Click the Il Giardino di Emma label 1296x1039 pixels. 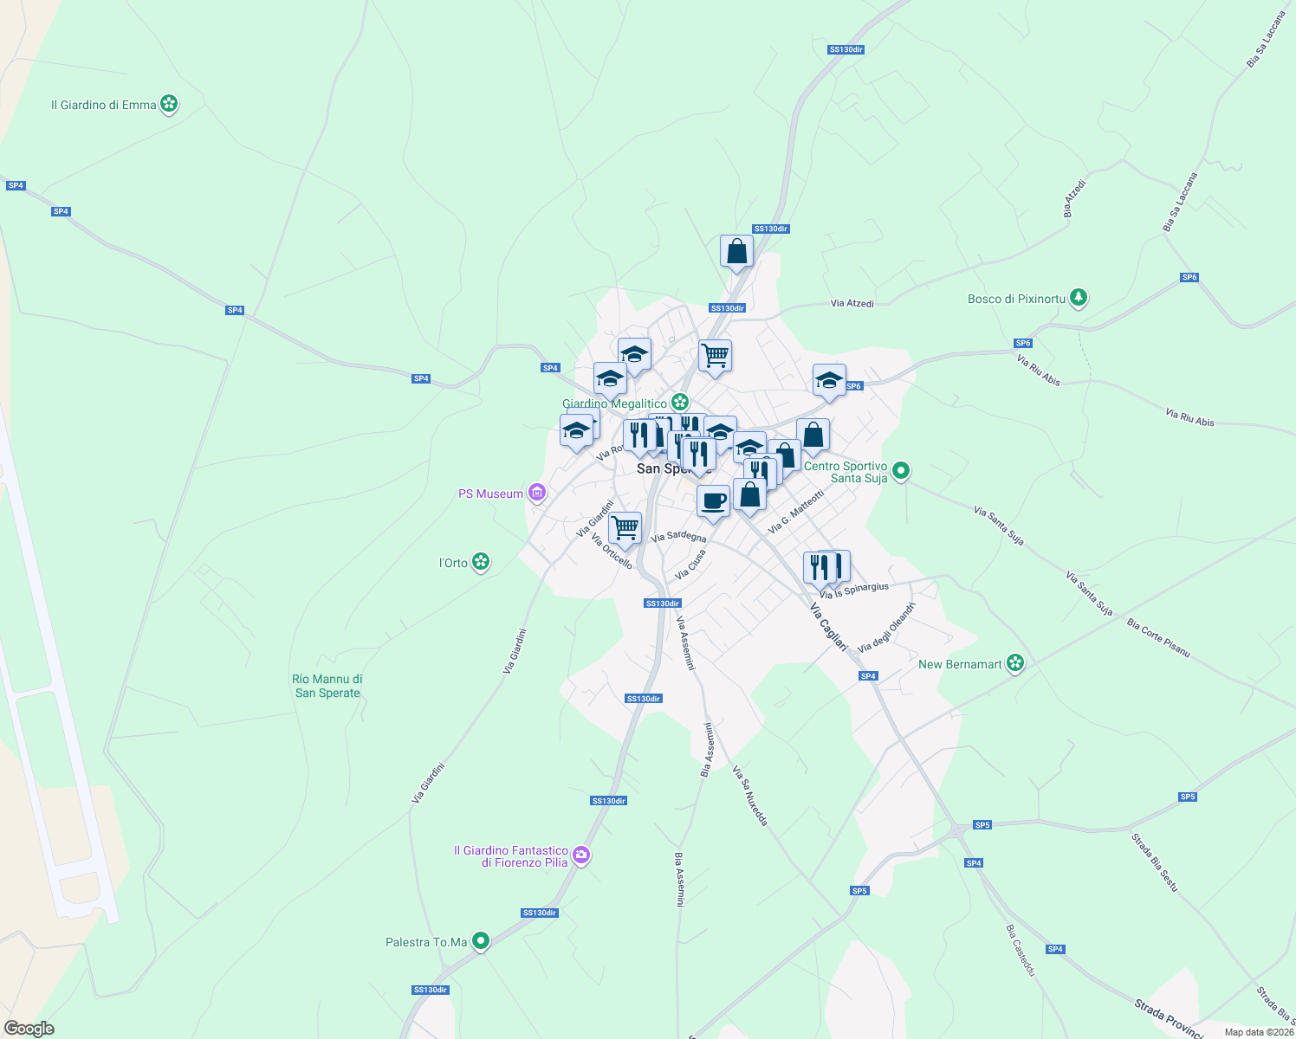pyautogui.click(x=103, y=105)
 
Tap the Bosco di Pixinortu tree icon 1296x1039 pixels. pyautogui.click(x=1078, y=299)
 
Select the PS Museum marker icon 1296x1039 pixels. pyautogui.click(x=537, y=494)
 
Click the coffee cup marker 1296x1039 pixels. pyautogui.click(x=713, y=501)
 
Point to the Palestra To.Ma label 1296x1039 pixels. pyautogui.click(x=426, y=942)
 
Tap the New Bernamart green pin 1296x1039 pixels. pyautogui.click(x=1015, y=664)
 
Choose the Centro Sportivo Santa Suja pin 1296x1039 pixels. pyautogui.click(x=901, y=472)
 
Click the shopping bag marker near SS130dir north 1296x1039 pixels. pyautogui.click(x=736, y=252)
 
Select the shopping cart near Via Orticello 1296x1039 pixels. pyautogui.click(x=624, y=527)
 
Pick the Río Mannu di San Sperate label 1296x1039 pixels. pyautogui.click(x=327, y=686)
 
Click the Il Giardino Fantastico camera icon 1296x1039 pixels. pyautogui.click(x=581, y=855)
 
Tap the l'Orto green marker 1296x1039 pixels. pyautogui.click(x=481, y=563)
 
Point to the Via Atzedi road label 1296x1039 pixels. pyautogui.click(x=852, y=304)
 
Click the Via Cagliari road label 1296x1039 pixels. pyautogui.click(x=827, y=626)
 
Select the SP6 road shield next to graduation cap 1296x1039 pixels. pyautogui.click(x=853, y=386)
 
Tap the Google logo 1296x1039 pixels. pyautogui.click(x=29, y=1029)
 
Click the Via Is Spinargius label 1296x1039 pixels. pyautogui.click(x=854, y=590)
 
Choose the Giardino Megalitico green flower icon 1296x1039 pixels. pyautogui.click(x=680, y=403)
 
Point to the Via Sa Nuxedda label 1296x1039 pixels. pyautogui.click(x=750, y=796)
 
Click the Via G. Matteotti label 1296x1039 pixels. pyautogui.click(x=796, y=512)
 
